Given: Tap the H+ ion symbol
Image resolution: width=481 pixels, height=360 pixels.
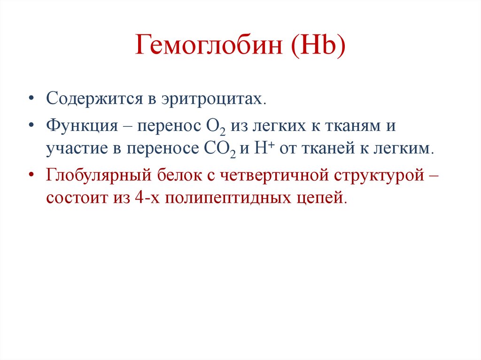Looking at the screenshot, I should point(260,148).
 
